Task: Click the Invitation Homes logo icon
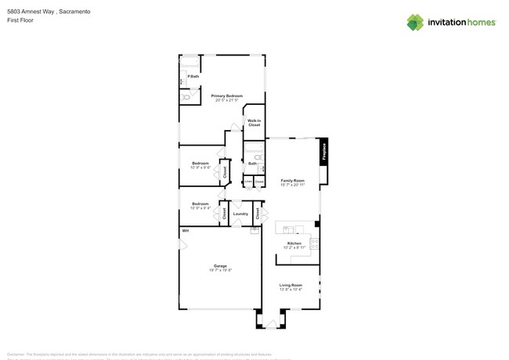coord(415,22)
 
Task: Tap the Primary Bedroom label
coord(227,95)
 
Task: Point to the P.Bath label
coord(193,76)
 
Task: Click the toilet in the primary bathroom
coord(186,97)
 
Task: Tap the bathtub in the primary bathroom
coord(191,62)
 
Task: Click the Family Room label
coord(293,181)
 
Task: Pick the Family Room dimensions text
coord(293,185)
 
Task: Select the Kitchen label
coord(294,243)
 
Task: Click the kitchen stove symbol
coord(315,243)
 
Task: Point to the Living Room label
coord(291,285)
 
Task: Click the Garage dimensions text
coord(220,270)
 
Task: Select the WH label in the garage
coord(186,231)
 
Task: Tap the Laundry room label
coord(240,213)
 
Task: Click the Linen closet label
coord(247,182)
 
